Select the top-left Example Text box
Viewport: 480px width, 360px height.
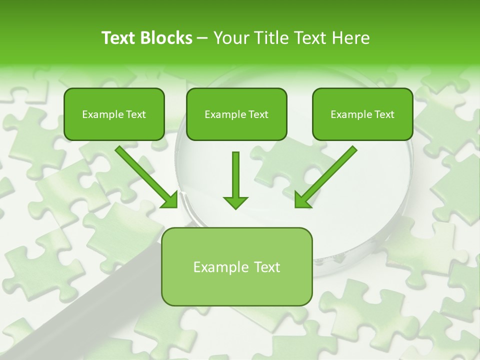point(114,114)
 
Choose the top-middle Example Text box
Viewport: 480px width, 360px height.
point(236,114)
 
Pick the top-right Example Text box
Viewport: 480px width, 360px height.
point(362,114)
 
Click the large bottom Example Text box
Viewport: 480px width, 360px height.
point(236,266)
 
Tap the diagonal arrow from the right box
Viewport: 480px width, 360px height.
point(327,175)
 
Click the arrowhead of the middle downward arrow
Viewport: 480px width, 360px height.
point(235,202)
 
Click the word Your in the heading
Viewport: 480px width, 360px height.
point(230,38)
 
